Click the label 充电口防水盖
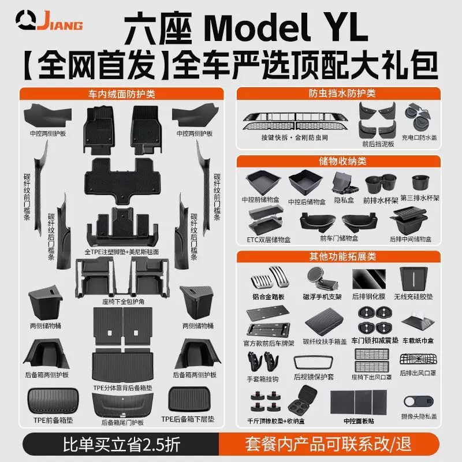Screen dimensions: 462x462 click(x=422, y=139)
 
